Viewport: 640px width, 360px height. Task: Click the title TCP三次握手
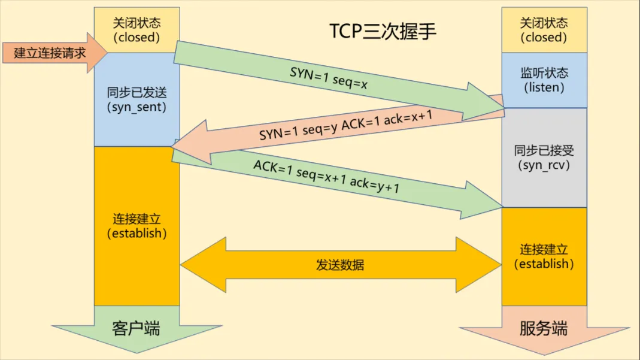coord(383,31)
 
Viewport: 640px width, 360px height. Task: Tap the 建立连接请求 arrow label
coord(50,53)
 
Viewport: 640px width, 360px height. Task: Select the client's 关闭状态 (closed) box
coord(137,30)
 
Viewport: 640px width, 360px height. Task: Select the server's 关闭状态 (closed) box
coord(544,30)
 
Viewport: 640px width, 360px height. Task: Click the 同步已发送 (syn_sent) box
coord(137,99)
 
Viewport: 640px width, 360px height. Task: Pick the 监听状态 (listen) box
coord(544,80)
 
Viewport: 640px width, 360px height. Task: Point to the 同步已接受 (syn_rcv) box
coord(544,158)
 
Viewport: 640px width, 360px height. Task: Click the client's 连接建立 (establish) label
coord(137,226)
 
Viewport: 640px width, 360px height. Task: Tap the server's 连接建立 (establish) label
coord(544,256)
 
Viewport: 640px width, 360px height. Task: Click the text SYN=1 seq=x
coord(329,78)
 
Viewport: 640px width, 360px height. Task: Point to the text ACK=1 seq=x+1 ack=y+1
coord(326,176)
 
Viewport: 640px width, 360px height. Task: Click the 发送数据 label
coord(340,265)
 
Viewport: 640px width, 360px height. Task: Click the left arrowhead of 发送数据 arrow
coord(204,265)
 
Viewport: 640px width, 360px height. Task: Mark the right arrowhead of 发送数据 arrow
coord(479,265)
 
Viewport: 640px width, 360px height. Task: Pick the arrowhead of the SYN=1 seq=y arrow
coord(192,142)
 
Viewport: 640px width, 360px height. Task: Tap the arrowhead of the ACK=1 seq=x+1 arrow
coord(481,201)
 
